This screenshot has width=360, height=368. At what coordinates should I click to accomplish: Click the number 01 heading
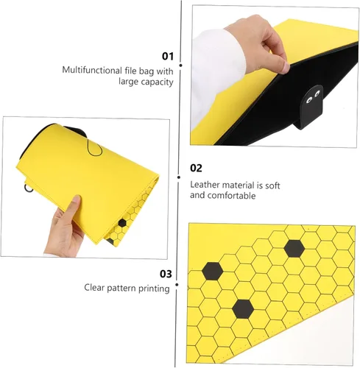168,56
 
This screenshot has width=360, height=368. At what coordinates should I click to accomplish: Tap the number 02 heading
196,168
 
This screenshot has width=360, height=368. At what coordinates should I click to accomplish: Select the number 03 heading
166,274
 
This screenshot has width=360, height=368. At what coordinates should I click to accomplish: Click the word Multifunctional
92,70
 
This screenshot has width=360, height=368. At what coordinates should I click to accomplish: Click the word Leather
206,185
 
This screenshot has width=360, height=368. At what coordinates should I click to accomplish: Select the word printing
154,289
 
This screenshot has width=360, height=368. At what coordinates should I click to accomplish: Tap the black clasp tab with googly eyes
311,106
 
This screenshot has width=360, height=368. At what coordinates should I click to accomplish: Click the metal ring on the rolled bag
28,188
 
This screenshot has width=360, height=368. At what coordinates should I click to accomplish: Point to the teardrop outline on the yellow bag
94,148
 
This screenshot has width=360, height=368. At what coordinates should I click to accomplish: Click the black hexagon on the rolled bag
122,223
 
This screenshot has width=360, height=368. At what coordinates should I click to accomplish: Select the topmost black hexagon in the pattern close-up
294,249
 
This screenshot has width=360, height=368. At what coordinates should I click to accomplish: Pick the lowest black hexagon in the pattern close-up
243,308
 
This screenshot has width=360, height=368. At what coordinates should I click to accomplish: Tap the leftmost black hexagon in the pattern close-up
213,271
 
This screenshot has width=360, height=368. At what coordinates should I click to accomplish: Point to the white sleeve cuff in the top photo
215,74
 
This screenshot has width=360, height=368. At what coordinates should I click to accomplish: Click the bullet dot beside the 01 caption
181,66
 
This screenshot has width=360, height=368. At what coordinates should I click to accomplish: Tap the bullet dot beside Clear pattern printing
177,285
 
